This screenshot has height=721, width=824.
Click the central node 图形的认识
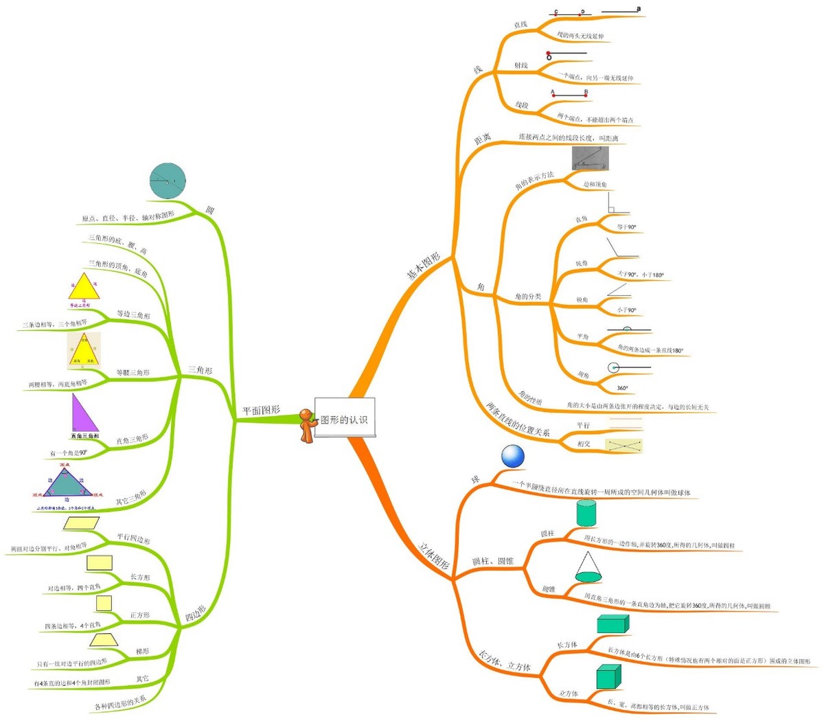pyautogui.click(x=345, y=419)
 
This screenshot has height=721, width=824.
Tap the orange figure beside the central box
pyautogui.click(x=307, y=426)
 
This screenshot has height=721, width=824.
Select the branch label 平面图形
pyautogui.click(x=261, y=411)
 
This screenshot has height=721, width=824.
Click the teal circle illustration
pyautogui.click(x=168, y=181)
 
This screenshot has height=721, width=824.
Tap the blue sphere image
pyautogui.click(x=512, y=456)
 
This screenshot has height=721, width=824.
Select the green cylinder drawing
pyautogui.click(x=586, y=513)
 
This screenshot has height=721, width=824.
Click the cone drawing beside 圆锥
pyautogui.click(x=588, y=567)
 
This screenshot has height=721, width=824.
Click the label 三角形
pyautogui.click(x=200, y=370)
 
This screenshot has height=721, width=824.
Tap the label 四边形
pyautogui.click(x=196, y=614)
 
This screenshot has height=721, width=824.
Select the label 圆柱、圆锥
pyautogui.click(x=492, y=561)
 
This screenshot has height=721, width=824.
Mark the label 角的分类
pyautogui.click(x=528, y=297)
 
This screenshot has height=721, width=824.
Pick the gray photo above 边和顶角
pyautogui.click(x=590, y=159)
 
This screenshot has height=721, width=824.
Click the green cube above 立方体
pyautogui.click(x=608, y=676)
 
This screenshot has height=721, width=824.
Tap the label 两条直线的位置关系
pyautogui.click(x=518, y=420)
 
